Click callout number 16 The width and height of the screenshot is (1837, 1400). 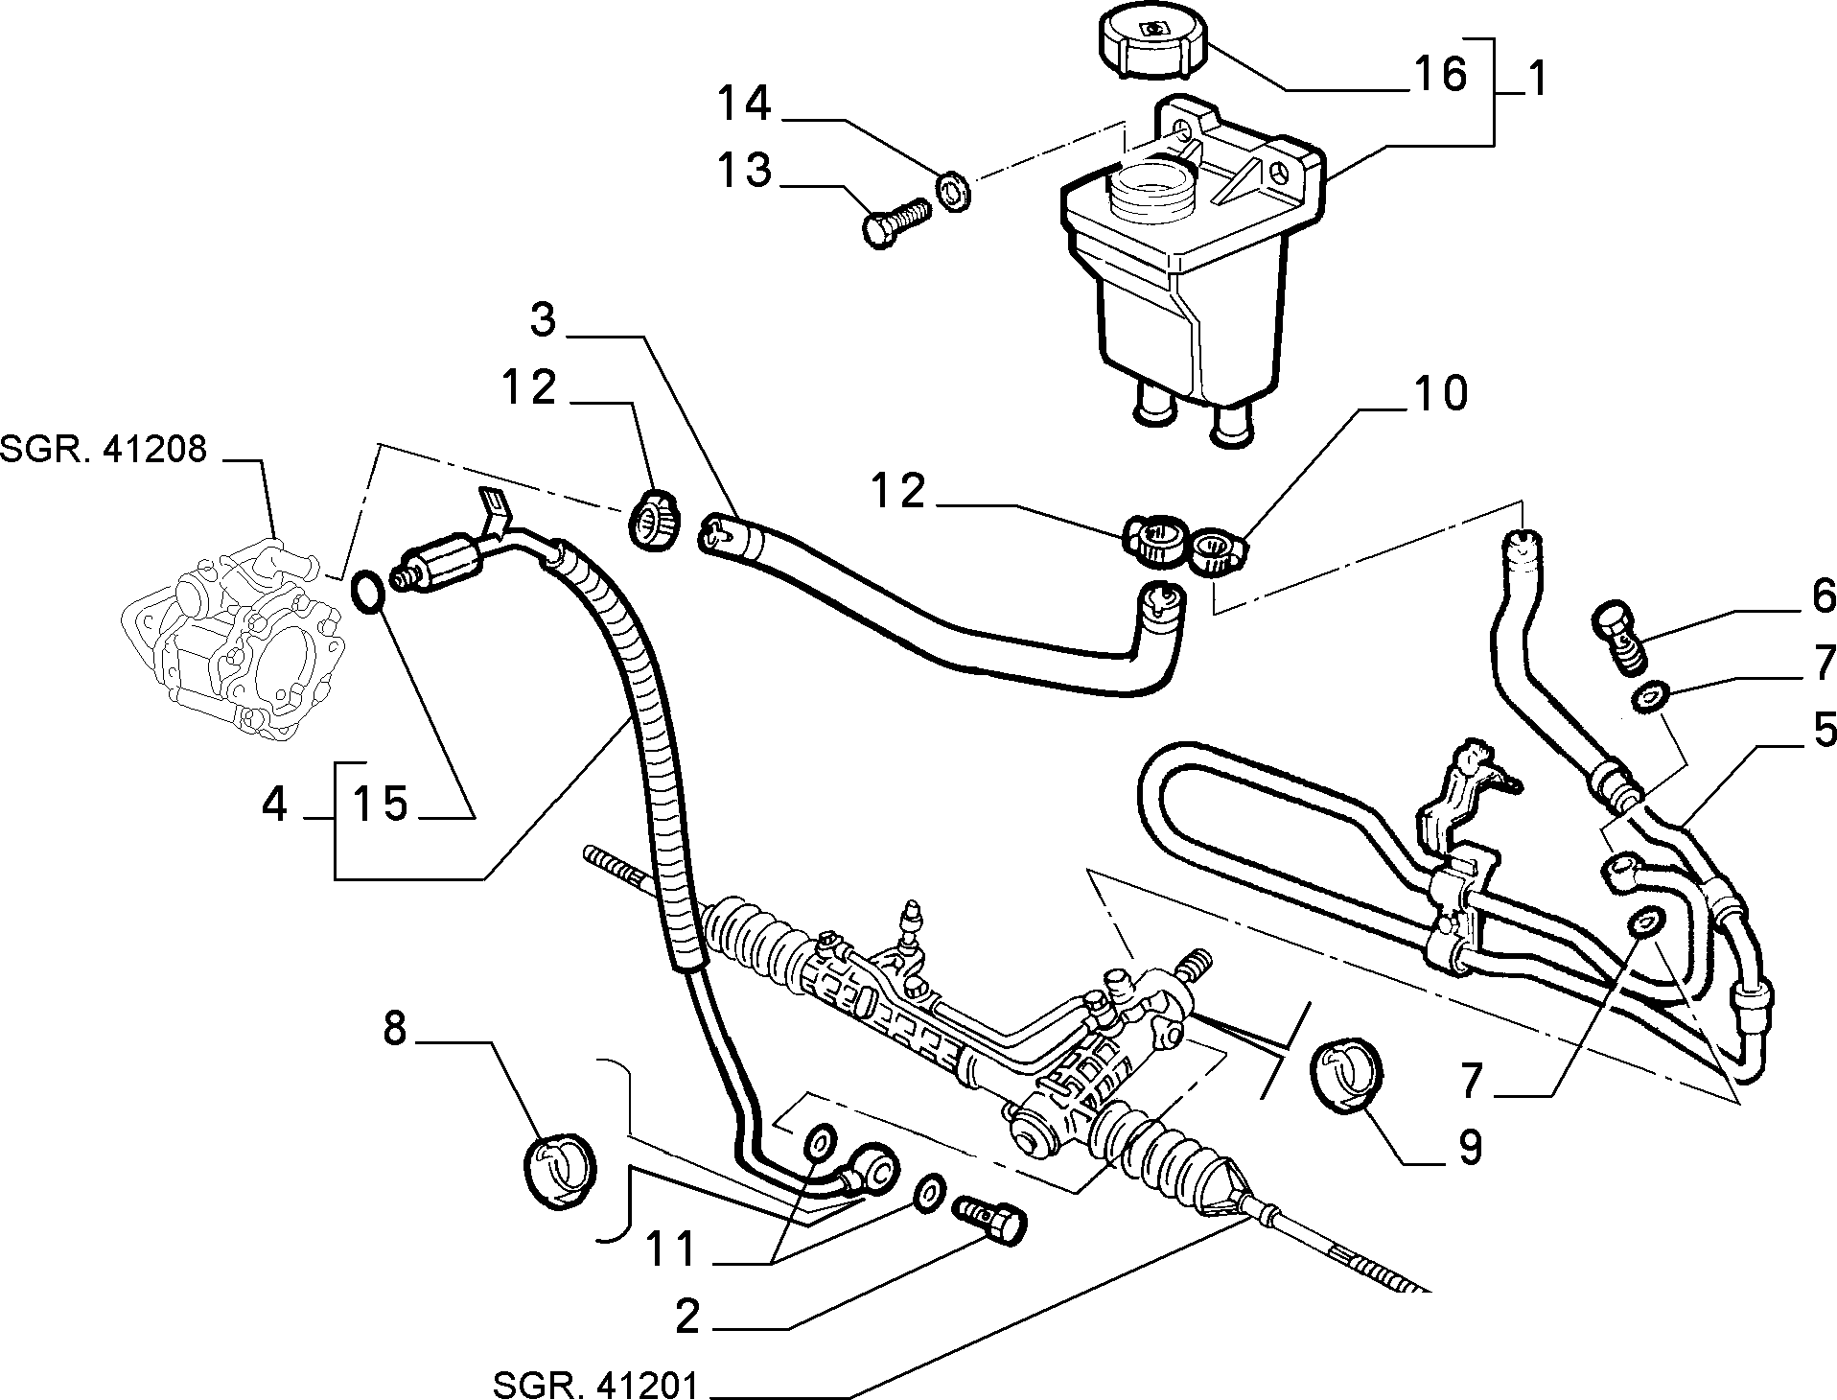point(1439,75)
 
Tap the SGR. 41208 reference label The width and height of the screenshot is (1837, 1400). point(104,450)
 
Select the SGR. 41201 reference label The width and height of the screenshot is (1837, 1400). point(596,1385)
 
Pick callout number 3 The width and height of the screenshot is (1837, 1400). point(544,321)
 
